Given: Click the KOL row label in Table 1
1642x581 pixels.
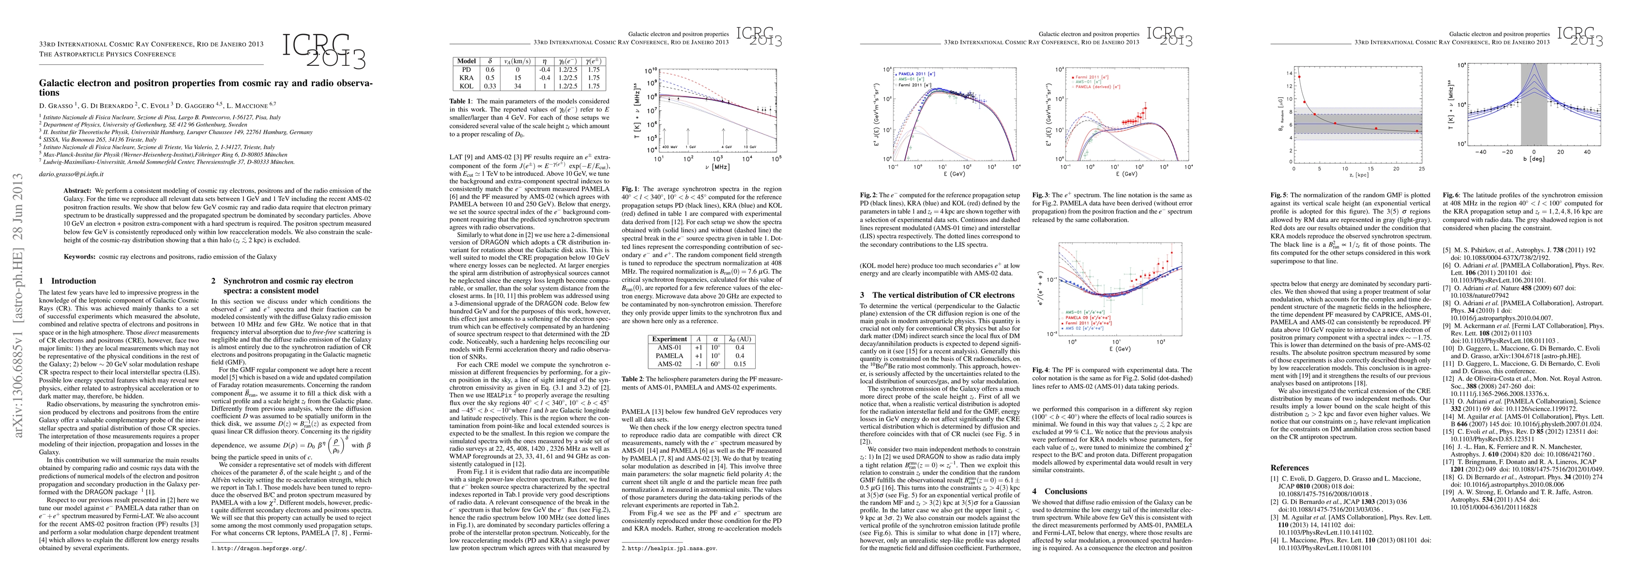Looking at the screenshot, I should tap(466, 86).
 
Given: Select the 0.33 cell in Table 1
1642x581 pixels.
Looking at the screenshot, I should tap(490, 86).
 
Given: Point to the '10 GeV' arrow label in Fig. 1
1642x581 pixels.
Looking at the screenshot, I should tap(750, 147).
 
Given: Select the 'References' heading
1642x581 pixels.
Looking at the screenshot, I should tap(1290, 468).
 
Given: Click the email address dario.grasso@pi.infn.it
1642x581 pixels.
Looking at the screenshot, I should tap(71, 173).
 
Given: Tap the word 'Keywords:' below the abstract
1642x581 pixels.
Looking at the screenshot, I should tap(80, 257).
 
